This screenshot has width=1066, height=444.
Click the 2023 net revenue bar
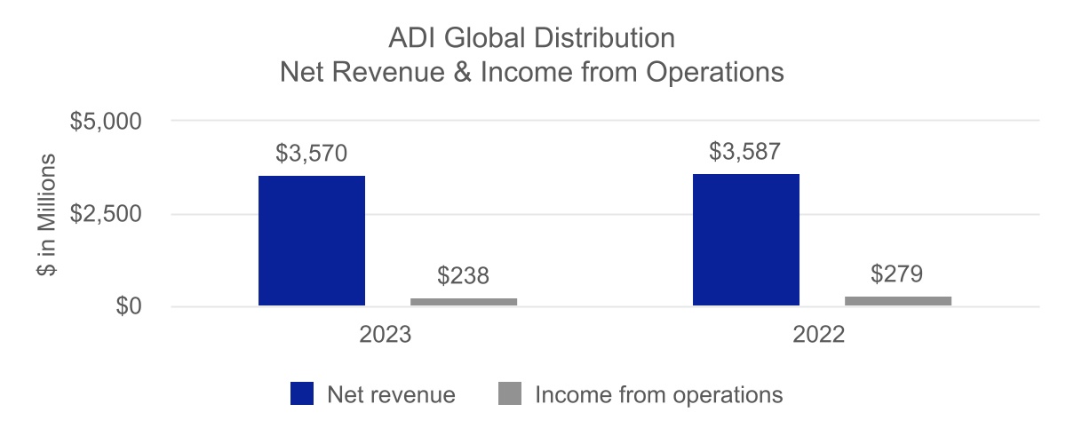click(311, 241)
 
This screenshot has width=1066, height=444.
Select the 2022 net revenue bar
click(745, 240)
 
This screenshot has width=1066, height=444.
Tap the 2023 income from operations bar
click(464, 302)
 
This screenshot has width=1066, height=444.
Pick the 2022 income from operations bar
click(898, 301)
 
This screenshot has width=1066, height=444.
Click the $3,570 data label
click(311, 154)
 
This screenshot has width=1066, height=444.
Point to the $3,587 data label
click(745, 152)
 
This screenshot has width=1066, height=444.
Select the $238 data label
click(464, 276)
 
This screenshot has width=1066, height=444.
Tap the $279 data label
click(898, 274)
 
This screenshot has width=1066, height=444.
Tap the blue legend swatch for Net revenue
click(302, 393)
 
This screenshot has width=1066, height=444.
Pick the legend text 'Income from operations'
click(658, 394)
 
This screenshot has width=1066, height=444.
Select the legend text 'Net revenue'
click(391, 394)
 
